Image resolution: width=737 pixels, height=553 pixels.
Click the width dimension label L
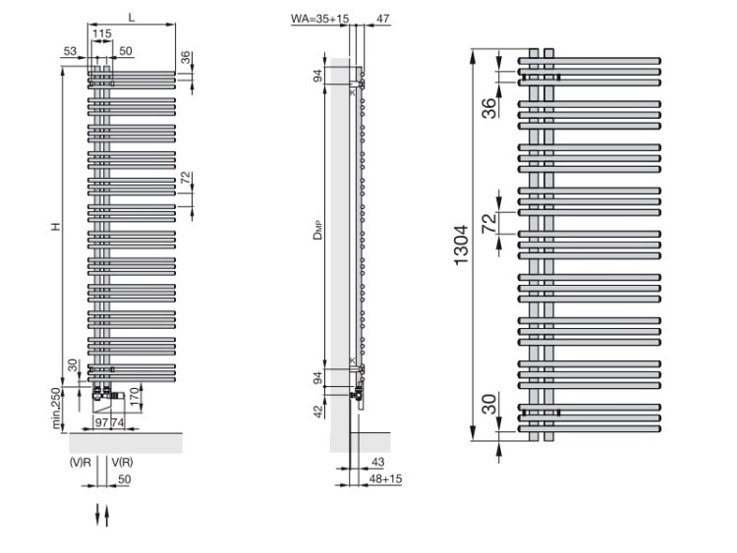[132, 18]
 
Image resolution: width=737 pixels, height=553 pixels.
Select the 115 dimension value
[101, 33]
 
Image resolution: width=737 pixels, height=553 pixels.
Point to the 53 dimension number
[70, 51]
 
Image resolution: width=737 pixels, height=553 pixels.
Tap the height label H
[56, 227]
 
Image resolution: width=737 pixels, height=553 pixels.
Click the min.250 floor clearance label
[57, 408]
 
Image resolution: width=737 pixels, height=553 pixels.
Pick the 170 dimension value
[134, 396]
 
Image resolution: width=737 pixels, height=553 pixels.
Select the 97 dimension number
[101, 422]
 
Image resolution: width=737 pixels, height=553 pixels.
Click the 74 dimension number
[118, 422]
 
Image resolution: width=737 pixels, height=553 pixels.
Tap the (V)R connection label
[81, 463]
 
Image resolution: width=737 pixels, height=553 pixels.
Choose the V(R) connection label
[122, 463]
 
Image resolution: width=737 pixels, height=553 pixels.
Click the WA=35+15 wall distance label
[319, 19]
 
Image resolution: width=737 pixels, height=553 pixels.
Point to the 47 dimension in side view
[383, 19]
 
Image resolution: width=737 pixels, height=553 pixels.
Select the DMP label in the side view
[318, 230]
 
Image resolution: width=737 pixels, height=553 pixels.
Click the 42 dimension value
[318, 412]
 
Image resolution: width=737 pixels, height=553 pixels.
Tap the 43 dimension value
[378, 462]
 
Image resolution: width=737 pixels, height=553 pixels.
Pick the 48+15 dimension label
[385, 478]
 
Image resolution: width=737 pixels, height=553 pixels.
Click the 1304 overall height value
[461, 246]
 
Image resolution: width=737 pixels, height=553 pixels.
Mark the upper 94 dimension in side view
[318, 76]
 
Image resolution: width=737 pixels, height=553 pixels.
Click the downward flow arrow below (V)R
[97, 515]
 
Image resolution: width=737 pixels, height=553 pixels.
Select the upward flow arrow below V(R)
[107, 516]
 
